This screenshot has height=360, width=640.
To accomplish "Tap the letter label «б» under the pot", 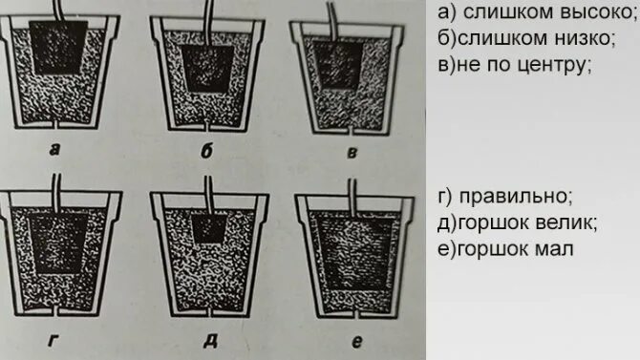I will [206, 151].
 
